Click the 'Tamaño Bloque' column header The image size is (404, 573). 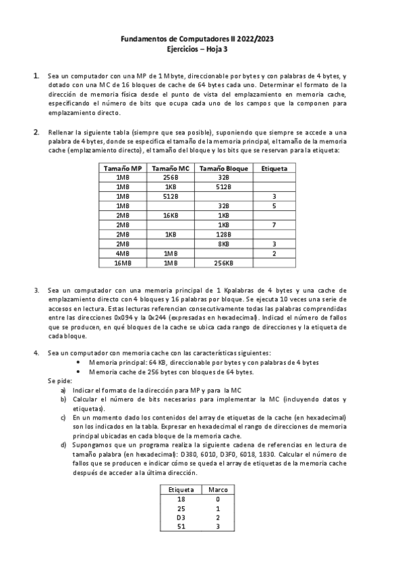pos(223,168)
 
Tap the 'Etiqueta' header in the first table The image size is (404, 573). pos(274,168)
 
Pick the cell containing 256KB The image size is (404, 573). pos(223,263)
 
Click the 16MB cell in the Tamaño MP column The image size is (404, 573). pos(123,263)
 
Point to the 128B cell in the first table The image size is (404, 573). pos(223,234)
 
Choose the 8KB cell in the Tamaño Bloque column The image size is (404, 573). pos(223,243)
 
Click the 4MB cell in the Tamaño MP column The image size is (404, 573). pos(123,253)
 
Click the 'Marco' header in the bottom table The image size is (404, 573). pos(218,489)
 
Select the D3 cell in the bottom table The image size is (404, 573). pos(181,517)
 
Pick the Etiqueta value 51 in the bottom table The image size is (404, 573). pos(181,526)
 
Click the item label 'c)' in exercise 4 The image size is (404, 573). pos(63,418)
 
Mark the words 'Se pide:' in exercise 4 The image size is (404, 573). pos(59,381)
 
